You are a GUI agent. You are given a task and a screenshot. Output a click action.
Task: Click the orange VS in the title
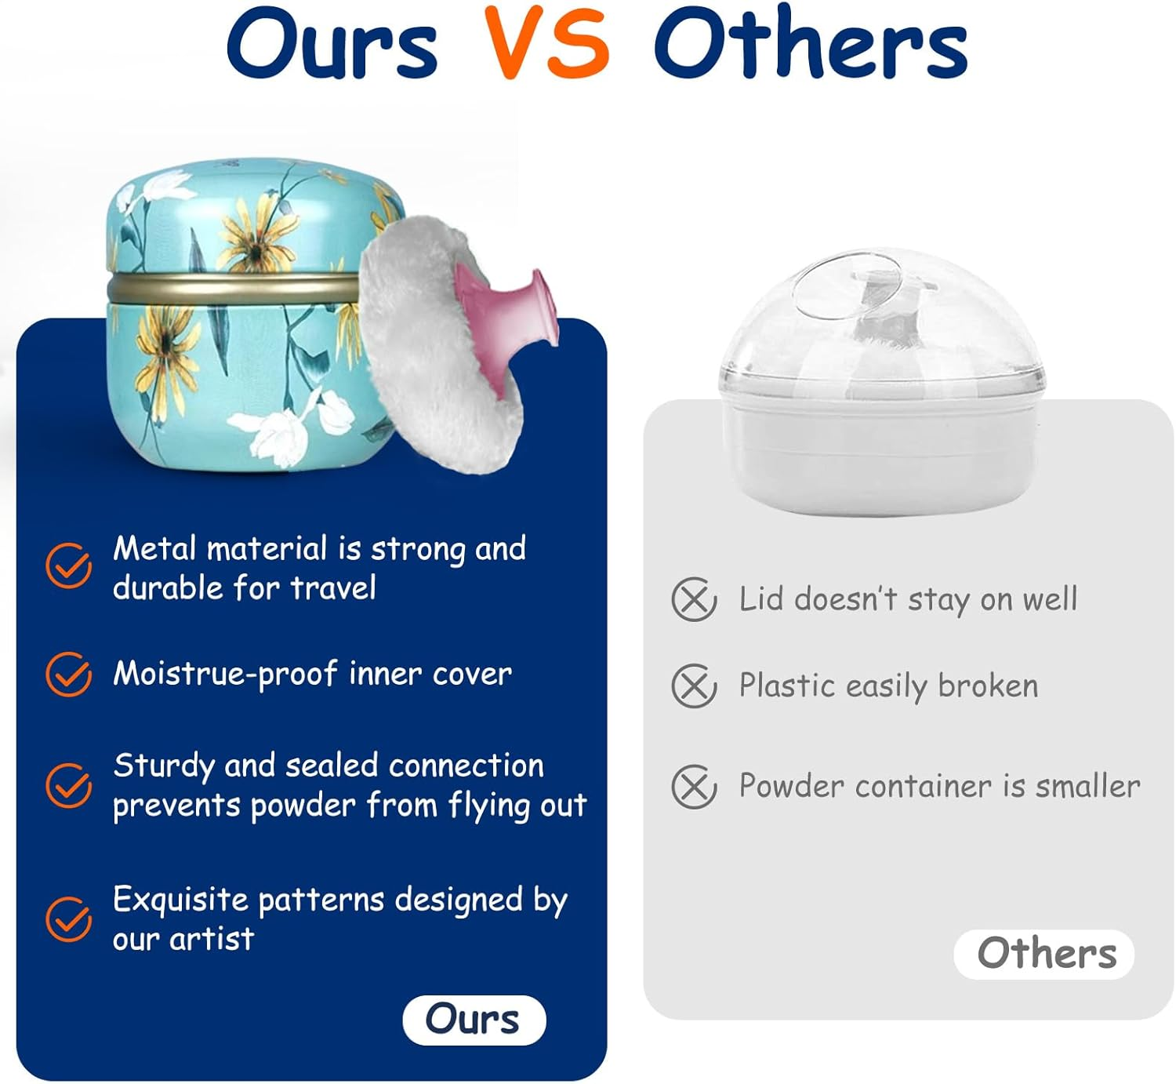[x=546, y=44]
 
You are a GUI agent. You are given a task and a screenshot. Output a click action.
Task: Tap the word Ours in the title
[x=332, y=44]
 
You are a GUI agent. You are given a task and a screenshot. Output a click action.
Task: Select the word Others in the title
[x=811, y=44]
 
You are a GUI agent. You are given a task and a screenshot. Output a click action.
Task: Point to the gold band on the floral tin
[x=235, y=289]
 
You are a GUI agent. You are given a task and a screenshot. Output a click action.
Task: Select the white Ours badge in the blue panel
[x=474, y=1020]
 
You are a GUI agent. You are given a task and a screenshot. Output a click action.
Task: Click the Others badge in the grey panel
[x=1044, y=954]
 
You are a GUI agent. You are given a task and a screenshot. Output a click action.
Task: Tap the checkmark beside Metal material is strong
[x=68, y=566]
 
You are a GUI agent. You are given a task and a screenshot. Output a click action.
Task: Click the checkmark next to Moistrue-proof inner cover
[x=68, y=674]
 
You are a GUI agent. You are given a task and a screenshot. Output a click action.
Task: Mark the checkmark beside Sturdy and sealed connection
[x=68, y=785]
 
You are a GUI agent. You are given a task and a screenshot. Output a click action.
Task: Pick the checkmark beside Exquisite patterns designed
[x=68, y=918]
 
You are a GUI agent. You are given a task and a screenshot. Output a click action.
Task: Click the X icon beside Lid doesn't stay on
[x=694, y=600]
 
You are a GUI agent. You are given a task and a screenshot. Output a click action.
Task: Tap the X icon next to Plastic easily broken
[x=694, y=686]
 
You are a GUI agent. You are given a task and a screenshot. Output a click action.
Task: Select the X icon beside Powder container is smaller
[x=694, y=786]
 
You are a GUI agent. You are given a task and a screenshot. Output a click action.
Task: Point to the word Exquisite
[x=180, y=900]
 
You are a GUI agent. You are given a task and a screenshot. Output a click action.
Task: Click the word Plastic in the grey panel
[x=786, y=686]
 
